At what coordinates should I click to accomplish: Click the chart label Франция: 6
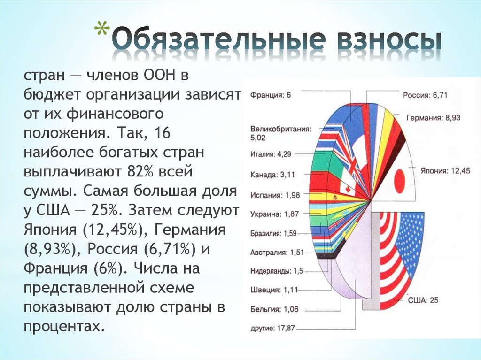click(x=271, y=95)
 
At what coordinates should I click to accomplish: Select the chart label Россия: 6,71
click(x=425, y=95)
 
